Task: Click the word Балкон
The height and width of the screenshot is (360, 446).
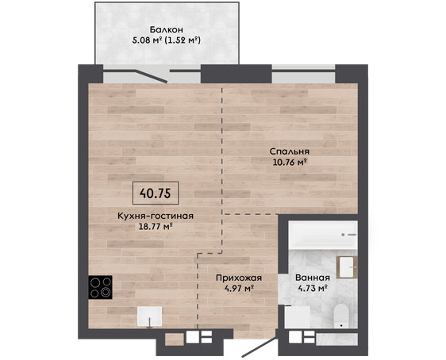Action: (x=167, y=29)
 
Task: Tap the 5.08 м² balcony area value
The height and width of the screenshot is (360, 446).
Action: (x=148, y=40)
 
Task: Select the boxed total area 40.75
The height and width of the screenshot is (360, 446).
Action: (x=156, y=193)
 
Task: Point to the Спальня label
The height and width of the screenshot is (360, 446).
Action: (x=290, y=151)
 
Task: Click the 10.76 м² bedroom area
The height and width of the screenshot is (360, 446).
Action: (x=290, y=163)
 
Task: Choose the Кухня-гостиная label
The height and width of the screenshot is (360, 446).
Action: (x=156, y=216)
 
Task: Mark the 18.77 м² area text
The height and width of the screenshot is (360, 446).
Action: (x=156, y=227)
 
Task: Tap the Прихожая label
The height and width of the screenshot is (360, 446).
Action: (x=239, y=278)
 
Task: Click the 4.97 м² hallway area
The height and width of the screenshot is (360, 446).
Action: (x=239, y=289)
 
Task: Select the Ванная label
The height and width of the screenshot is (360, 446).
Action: (x=313, y=278)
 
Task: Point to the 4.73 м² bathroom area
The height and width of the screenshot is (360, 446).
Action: (x=313, y=289)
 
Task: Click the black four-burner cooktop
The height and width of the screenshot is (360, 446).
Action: (x=100, y=287)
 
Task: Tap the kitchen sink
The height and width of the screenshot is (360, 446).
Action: (x=150, y=316)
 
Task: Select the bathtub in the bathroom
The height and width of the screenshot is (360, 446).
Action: (x=323, y=235)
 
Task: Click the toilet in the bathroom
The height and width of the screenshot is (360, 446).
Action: (x=340, y=316)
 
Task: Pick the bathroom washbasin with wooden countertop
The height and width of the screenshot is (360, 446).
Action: (x=347, y=267)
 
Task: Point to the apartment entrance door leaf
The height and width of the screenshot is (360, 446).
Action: (x=260, y=347)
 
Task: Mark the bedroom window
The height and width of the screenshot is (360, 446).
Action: (x=303, y=75)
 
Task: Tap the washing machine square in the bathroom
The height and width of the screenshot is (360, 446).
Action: (x=298, y=316)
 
